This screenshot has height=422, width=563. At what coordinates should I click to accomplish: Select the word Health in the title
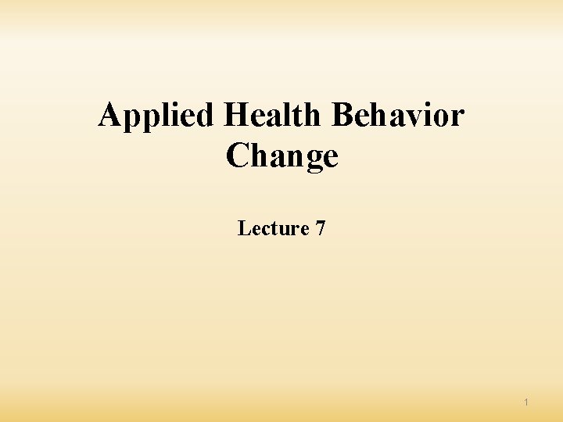(x=272, y=116)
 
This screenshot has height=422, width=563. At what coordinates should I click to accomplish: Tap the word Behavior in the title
(x=398, y=116)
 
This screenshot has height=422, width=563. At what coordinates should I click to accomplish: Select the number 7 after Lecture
(x=321, y=228)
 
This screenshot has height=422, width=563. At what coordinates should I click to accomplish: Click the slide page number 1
(x=526, y=402)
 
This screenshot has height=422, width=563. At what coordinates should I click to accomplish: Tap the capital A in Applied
(x=109, y=116)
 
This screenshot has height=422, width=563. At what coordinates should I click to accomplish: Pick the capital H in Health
(x=235, y=116)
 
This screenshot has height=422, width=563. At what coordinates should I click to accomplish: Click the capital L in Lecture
(x=243, y=228)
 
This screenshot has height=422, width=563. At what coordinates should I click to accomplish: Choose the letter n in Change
(x=292, y=157)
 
